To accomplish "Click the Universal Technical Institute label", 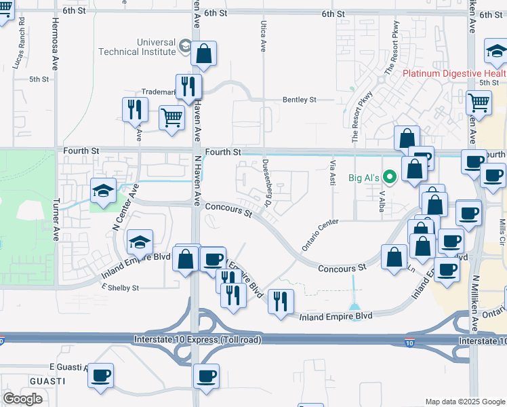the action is [x=138, y=46].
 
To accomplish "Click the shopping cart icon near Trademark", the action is [x=172, y=117].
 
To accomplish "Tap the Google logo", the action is [x=23, y=398].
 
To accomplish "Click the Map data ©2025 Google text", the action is [x=464, y=402].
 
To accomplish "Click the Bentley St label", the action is [x=299, y=100].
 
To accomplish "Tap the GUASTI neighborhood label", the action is [x=47, y=381].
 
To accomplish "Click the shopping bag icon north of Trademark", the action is [x=203, y=54].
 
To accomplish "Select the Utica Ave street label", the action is [x=263, y=37].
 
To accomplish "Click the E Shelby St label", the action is [x=120, y=288].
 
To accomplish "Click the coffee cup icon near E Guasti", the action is [x=101, y=376].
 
